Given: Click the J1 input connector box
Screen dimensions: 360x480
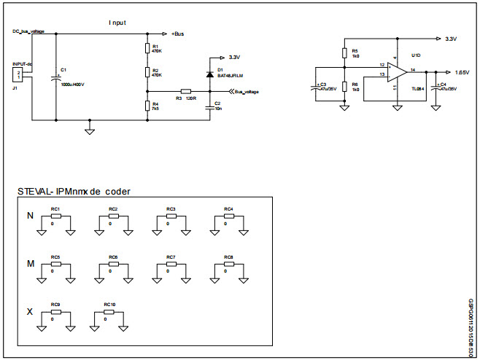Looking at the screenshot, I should [19, 77].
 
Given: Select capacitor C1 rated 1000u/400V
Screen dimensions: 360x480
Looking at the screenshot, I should [56, 76].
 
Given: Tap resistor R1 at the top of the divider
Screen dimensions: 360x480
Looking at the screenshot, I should [147, 49].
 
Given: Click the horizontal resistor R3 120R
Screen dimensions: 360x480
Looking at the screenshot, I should [185, 91].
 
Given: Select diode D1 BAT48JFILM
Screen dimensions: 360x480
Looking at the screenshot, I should [209, 73].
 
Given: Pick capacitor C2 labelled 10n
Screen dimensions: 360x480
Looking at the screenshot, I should [209, 105].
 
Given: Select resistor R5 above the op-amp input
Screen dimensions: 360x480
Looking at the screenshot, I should [344, 52].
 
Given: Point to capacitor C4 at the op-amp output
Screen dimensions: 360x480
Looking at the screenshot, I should [436, 86].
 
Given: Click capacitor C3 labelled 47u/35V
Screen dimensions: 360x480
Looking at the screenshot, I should [314, 86].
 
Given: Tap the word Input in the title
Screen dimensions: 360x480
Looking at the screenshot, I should [117, 23].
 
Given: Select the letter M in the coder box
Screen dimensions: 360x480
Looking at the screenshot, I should [30, 263].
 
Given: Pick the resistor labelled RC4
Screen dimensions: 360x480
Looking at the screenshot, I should [228, 216].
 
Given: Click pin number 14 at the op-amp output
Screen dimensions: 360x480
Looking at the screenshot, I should [413, 69].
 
